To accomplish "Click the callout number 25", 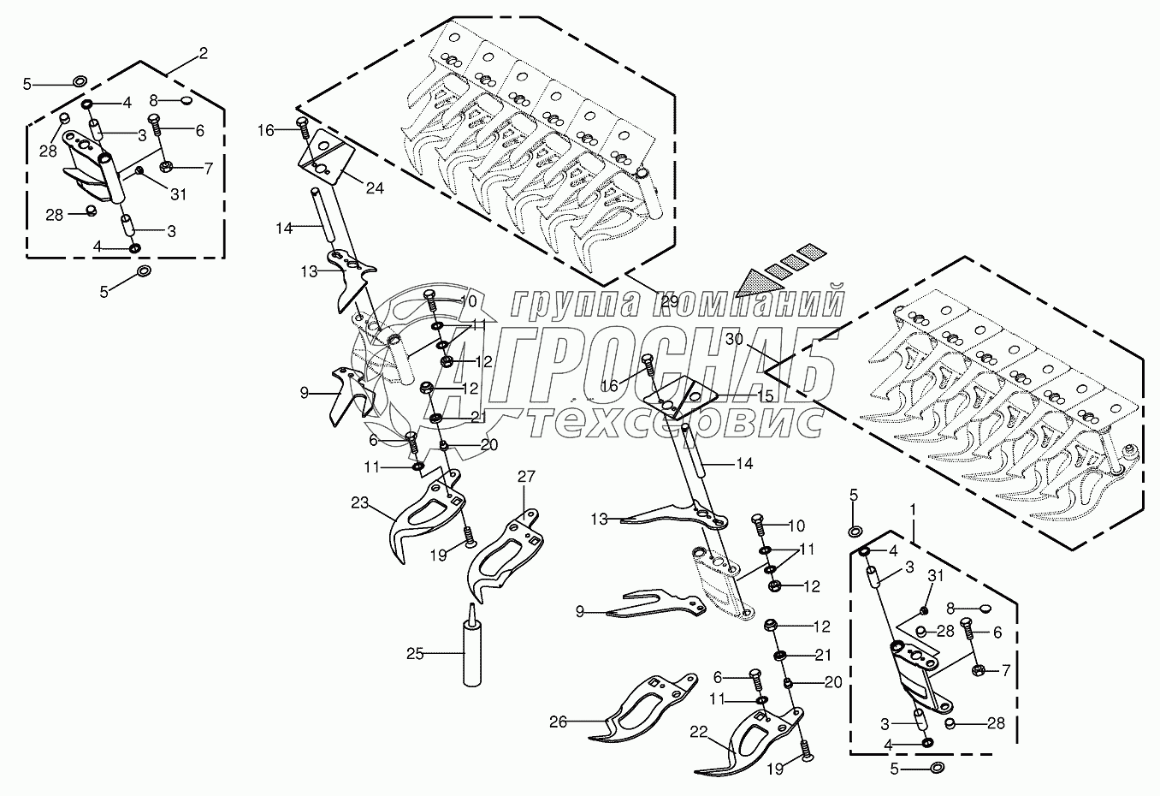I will pyautogui.click(x=415, y=655).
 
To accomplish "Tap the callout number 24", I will pyautogui.click(x=376, y=187).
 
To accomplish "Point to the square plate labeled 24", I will pyautogui.click(x=326, y=159).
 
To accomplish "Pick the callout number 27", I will pyautogui.click(x=525, y=476).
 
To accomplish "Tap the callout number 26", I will pyautogui.click(x=558, y=722).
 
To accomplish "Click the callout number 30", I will pyautogui.click(x=735, y=340).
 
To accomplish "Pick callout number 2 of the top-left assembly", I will pyautogui.click(x=203, y=54).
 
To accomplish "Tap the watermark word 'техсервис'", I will pyautogui.click(x=675, y=422).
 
